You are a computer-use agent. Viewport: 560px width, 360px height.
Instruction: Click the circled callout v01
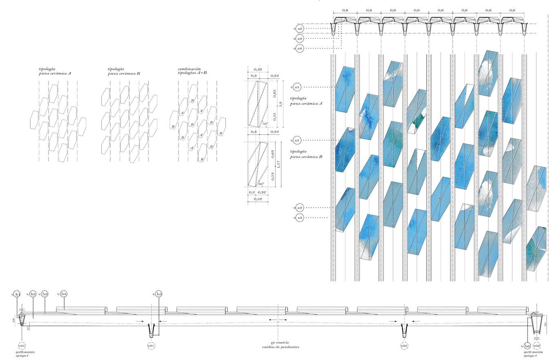[22, 346]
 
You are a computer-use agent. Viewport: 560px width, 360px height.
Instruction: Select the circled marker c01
[151, 346]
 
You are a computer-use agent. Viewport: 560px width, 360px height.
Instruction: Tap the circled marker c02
[404, 346]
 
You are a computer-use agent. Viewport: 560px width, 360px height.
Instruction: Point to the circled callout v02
[537, 346]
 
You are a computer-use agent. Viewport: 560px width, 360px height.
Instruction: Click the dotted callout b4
[64, 293]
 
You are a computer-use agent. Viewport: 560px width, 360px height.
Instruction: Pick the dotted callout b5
[159, 293]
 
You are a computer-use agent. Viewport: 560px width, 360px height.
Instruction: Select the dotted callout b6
[527, 346]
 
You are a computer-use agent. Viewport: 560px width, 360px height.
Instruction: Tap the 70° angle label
[264, 124]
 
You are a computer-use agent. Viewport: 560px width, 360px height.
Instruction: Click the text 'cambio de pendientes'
[280, 347]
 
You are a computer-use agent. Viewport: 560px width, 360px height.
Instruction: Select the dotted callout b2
[33, 293]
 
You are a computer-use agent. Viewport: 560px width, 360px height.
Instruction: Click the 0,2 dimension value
[252, 192]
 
